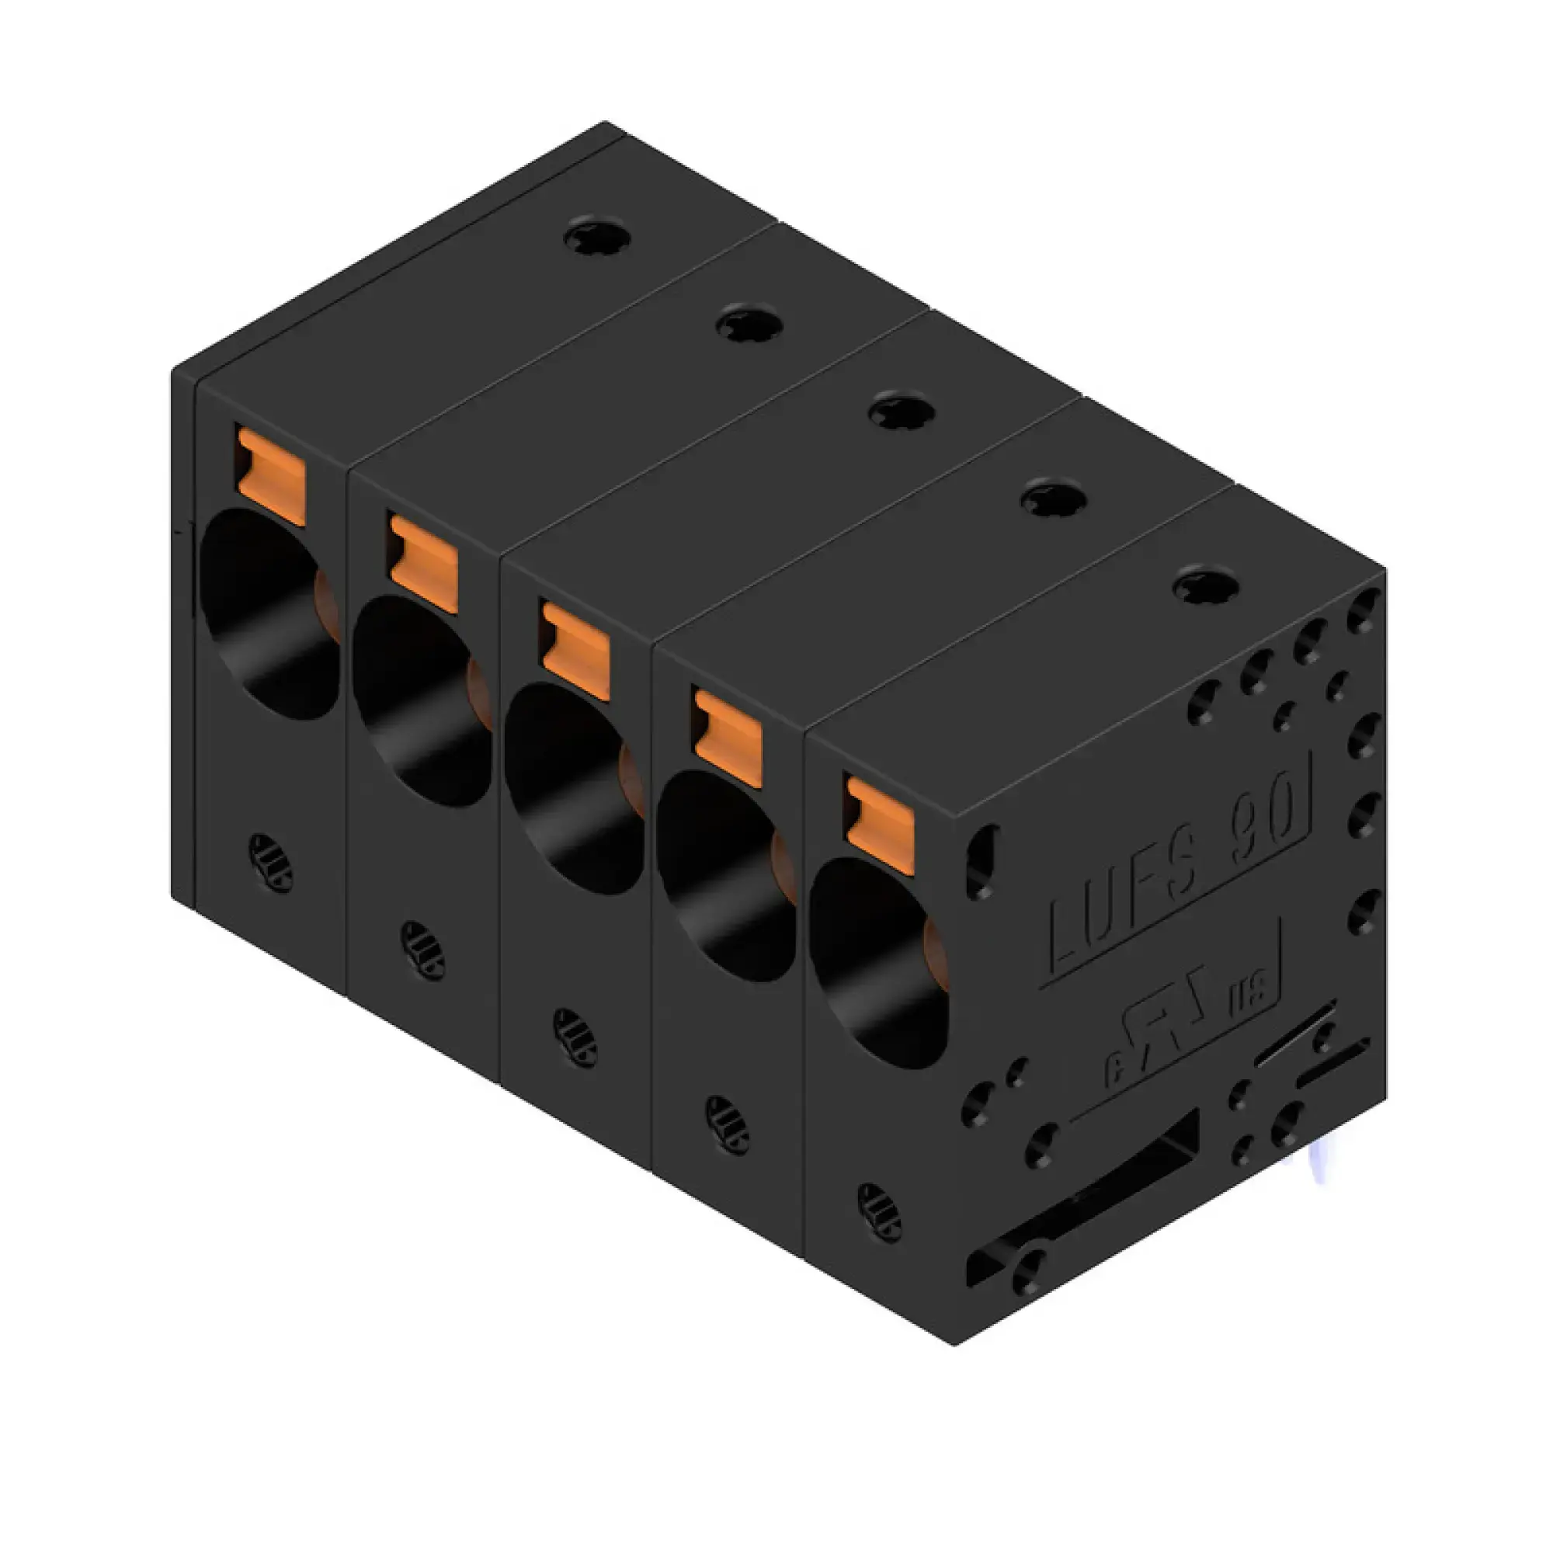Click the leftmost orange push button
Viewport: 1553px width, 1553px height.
(272, 476)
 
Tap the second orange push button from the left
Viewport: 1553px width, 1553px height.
(424, 563)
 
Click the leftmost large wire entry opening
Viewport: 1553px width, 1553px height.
(268, 615)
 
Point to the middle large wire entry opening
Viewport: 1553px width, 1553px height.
(573, 790)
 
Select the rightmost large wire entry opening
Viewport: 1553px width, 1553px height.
(877, 964)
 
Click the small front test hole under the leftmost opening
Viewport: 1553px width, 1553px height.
(271, 863)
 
